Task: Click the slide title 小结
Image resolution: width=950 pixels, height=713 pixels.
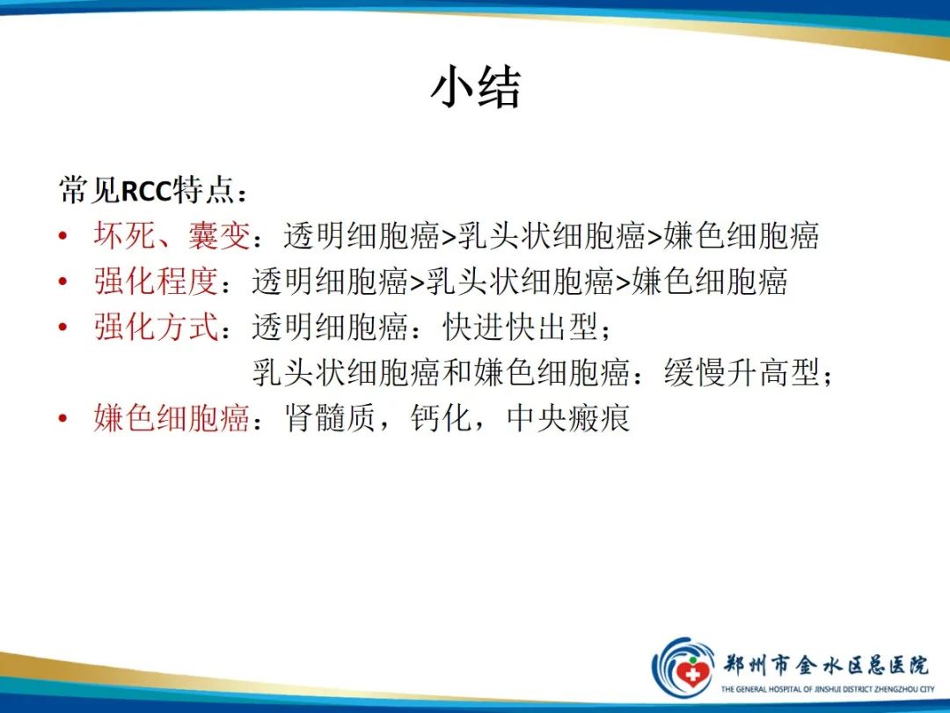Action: [x=475, y=88]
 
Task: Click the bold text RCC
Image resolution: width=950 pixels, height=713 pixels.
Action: [x=147, y=190]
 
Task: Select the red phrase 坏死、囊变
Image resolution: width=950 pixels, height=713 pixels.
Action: [x=172, y=236]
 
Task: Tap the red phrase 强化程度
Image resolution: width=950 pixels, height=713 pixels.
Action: [x=156, y=282]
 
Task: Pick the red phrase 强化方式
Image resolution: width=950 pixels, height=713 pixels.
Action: [x=156, y=327]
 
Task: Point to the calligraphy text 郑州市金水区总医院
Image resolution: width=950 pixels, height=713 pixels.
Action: [x=825, y=663]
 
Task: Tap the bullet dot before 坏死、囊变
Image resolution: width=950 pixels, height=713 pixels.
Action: [x=62, y=237]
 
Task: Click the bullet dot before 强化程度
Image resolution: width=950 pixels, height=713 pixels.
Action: [x=62, y=283]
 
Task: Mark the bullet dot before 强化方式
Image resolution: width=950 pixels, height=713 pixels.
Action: [x=62, y=328]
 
